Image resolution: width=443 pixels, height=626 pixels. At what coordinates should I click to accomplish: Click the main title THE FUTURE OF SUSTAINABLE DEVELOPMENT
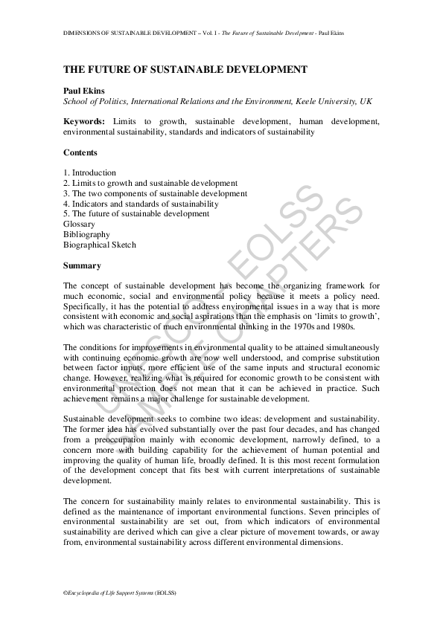click(185, 69)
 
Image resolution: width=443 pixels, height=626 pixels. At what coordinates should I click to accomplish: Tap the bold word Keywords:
click(84, 121)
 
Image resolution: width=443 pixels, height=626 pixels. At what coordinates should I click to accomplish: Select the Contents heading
click(80, 152)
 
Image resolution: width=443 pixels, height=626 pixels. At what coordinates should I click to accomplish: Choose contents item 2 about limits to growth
click(150, 183)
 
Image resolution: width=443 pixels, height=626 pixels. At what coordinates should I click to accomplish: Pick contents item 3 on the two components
click(155, 193)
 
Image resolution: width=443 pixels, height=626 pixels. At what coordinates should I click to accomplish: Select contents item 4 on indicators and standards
click(141, 204)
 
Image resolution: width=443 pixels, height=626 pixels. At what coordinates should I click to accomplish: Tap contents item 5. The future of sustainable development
click(136, 214)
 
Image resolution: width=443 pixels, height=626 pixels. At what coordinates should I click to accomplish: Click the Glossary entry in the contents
click(79, 224)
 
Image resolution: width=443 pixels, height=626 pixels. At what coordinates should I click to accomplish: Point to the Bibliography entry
click(86, 234)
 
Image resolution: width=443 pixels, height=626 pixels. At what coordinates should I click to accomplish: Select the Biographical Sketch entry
click(100, 245)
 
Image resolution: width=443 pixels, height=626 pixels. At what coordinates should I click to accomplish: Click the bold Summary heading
click(82, 265)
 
